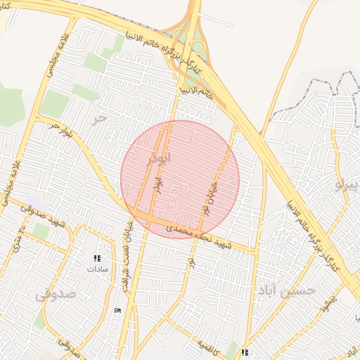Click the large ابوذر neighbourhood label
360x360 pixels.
157,158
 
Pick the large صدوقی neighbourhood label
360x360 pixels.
56,294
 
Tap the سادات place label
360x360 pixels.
96,269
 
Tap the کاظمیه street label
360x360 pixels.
211,346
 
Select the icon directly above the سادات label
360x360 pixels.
96,258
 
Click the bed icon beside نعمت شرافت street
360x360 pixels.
117,310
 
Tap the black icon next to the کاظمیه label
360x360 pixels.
244,352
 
